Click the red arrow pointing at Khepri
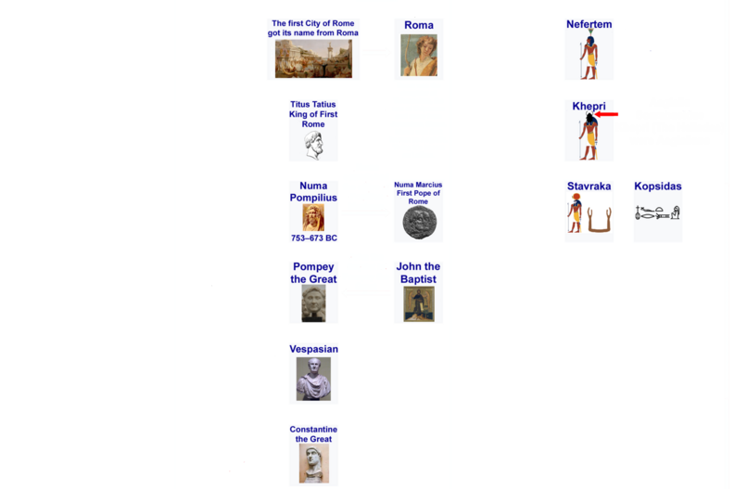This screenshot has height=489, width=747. (606, 114)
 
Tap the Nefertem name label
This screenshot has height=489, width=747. (589, 24)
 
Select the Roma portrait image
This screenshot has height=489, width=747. (418, 58)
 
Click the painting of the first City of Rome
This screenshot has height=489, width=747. (313, 58)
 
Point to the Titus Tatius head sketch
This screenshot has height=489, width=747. (313, 146)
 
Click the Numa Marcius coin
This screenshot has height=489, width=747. (419, 223)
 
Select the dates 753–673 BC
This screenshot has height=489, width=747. (314, 238)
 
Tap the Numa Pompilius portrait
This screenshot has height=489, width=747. (313, 217)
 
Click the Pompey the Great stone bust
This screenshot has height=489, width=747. (313, 303)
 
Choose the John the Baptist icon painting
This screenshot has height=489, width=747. (419, 304)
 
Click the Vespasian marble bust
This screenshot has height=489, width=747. (313, 379)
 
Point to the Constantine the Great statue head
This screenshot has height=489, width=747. (313, 463)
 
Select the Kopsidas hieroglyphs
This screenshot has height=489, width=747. (657, 212)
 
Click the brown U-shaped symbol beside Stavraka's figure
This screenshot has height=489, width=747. (599, 220)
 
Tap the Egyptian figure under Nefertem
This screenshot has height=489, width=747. (589, 54)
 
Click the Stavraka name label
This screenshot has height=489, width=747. (589, 187)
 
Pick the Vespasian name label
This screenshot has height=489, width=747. (313, 349)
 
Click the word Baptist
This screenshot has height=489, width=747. (418, 279)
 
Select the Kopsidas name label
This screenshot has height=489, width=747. (657, 187)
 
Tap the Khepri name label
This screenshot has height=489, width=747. (589, 107)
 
